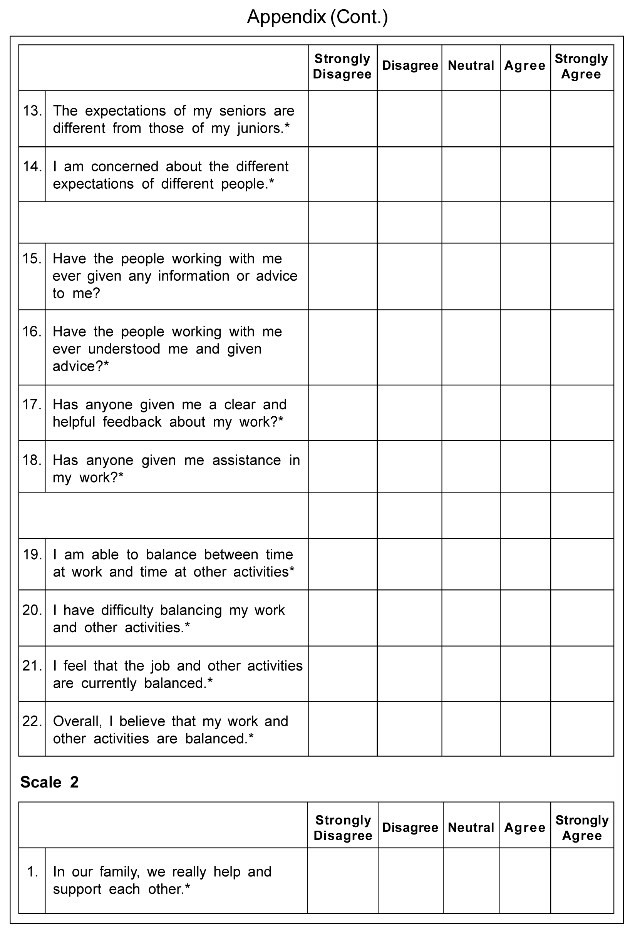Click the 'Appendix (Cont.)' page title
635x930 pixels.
pos(317,17)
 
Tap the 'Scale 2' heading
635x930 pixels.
pos(49,781)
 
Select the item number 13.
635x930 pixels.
pos(32,111)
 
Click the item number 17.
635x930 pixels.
pos(32,405)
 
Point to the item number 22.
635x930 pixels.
pos(32,721)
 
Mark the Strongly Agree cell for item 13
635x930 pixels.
pos(582,119)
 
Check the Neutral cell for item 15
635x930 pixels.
pos(471,276)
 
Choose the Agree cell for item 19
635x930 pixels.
pos(525,564)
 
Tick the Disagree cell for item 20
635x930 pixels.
pos(409,618)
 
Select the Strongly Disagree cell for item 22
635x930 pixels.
pos(342,729)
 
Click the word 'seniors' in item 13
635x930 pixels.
pos(243,111)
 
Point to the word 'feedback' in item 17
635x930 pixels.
pos(132,422)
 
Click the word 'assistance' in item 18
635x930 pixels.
pos(246,460)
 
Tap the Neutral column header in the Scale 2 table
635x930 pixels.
pos(471,827)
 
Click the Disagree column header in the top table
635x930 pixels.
pos(410,65)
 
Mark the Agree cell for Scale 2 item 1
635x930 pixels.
pos(525,880)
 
